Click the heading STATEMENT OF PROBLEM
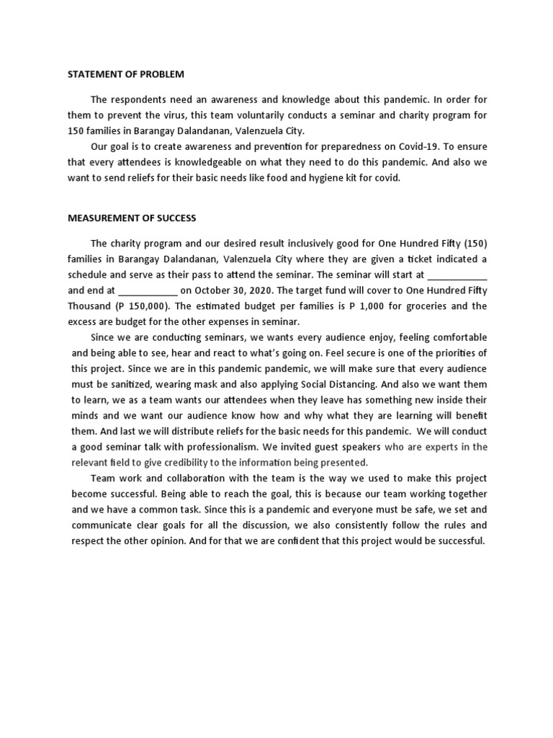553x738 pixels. (x=126, y=74)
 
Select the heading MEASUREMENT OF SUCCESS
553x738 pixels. (x=132, y=218)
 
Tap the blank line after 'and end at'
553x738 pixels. (x=147, y=291)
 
